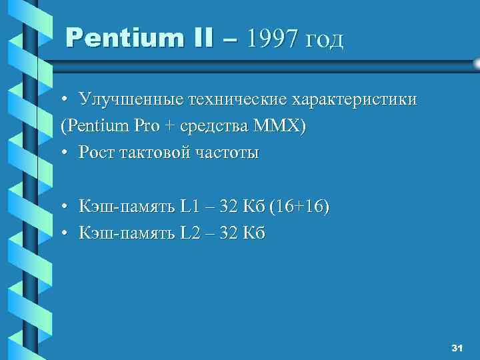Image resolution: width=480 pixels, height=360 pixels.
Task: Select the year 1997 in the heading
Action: pos(272,39)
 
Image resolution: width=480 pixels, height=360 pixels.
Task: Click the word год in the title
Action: pos(324,41)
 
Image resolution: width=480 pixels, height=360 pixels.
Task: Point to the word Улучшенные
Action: pos(127,100)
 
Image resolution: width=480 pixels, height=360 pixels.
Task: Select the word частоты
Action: pos(228,153)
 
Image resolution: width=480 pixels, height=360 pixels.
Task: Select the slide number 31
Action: pos(457,349)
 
